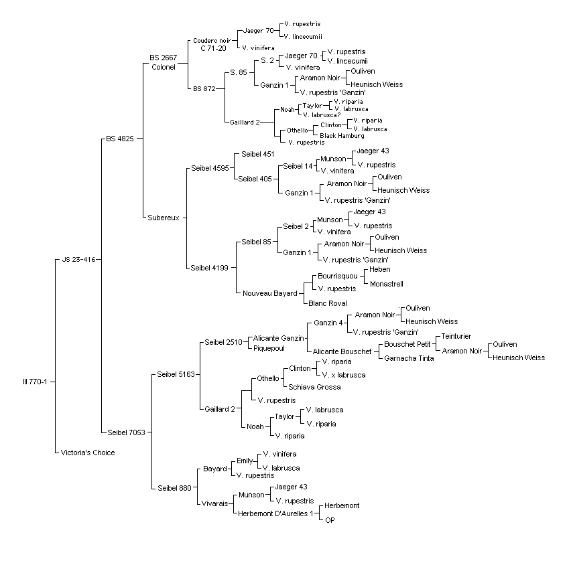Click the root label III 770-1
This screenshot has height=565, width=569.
(35, 382)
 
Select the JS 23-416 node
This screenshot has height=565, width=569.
(78, 260)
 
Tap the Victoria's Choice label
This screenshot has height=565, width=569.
(87, 453)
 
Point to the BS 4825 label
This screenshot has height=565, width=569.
(120, 139)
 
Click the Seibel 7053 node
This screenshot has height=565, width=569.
(126, 432)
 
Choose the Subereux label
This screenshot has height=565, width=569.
(164, 218)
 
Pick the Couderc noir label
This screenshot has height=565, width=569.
(212, 41)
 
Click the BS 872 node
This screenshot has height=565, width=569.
(204, 89)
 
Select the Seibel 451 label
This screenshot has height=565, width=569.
(257, 154)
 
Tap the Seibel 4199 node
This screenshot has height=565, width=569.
(209, 268)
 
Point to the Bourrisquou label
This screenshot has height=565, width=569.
(338, 276)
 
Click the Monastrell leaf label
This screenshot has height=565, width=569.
(387, 284)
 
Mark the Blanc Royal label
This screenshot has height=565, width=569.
(327, 303)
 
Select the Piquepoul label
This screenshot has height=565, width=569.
(269, 348)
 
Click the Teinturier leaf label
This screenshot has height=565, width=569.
(456, 336)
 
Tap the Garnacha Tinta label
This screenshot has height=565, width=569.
(409, 358)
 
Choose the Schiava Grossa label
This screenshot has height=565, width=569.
(314, 387)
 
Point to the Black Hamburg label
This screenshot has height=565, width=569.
(342, 135)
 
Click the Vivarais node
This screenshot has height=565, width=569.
(215, 503)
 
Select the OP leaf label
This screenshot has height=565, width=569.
(330, 520)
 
